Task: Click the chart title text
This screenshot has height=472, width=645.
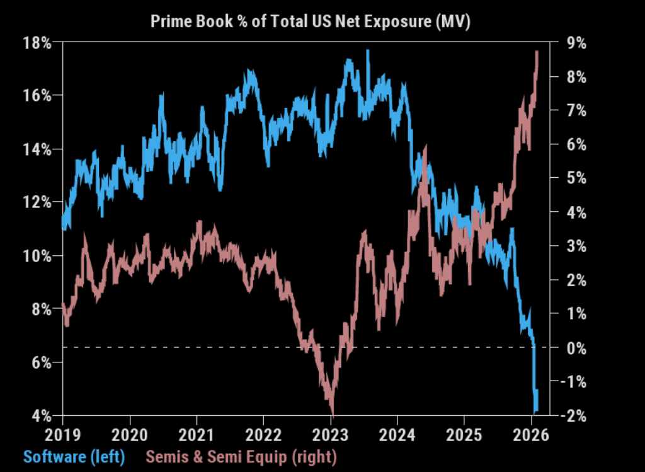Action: tap(311, 22)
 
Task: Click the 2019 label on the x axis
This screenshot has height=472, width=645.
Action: tap(63, 435)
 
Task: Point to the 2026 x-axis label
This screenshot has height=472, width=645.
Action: tap(532, 435)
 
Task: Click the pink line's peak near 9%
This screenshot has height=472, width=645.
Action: tap(537, 52)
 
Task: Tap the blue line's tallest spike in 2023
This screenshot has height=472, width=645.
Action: tap(368, 50)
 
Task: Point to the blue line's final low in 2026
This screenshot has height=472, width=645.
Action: tap(535, 410)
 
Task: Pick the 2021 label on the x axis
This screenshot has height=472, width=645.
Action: tap(197, 435)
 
